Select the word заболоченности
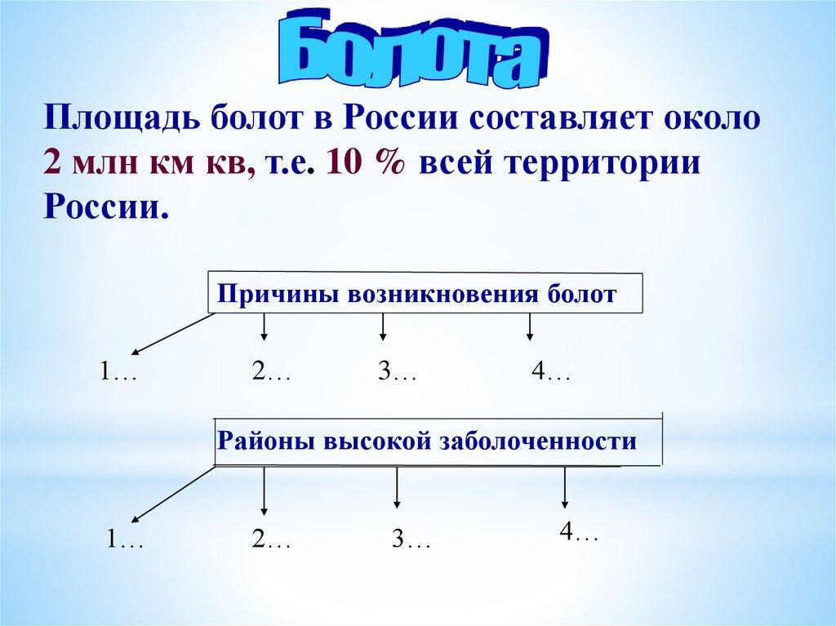pyautogui.click(x=538, y=442)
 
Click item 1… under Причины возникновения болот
pyautogui.click(x=118, y=371)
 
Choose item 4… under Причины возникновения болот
pyautogui.click(x=551, y=371)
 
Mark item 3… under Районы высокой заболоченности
pyautogui.click(x=411, y=539)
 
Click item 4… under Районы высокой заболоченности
pyautogui.click(x=579, y=531)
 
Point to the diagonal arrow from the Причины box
pyautogui.click(x=173, y=334)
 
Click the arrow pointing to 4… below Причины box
pyautogui.click(x=529, y=326)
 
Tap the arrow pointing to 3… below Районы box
pyautogui.click(x=396, y=487)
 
